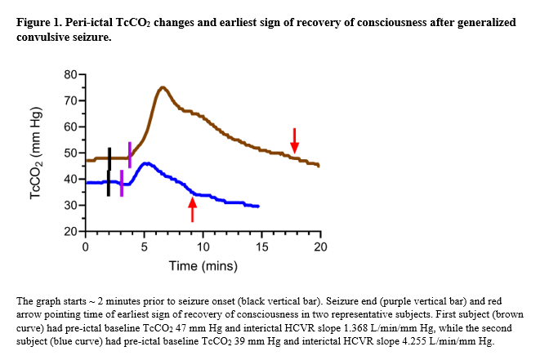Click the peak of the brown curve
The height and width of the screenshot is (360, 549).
(x=163, y=87)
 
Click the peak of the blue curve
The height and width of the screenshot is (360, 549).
(x=145, y=163)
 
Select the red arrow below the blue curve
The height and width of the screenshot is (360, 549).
(x=193, y=210)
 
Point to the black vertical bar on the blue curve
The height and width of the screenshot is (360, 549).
(x=108, y=184)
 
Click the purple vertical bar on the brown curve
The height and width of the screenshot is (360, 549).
(x=129, y=154)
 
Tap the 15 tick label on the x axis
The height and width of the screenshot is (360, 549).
(x=261, y=247)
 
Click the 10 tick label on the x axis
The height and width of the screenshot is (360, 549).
(x=203, y=247)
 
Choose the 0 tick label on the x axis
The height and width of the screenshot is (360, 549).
(x=85, y=247)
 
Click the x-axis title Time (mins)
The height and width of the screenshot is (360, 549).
(x=203, y=266)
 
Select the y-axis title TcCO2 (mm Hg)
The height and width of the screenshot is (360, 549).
(x=35, y=153)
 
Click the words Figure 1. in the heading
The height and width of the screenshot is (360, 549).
(x=39, y=22)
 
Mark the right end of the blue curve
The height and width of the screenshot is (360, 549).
(x=259, y=207)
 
